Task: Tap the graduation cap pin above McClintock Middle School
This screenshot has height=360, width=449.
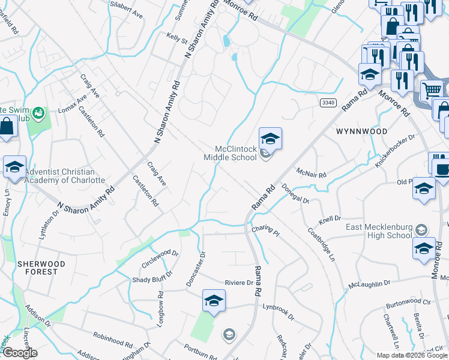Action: (x=270, y=139)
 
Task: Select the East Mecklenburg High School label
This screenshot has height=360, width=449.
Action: (x=379, y=231)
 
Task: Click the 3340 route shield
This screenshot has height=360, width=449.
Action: (x=327, y=103)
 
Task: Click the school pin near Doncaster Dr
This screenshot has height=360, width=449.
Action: (x=214, y=301)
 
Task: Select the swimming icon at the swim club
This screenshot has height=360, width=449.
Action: (x=38, y=112)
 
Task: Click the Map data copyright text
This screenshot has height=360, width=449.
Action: (x=412, y=355)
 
